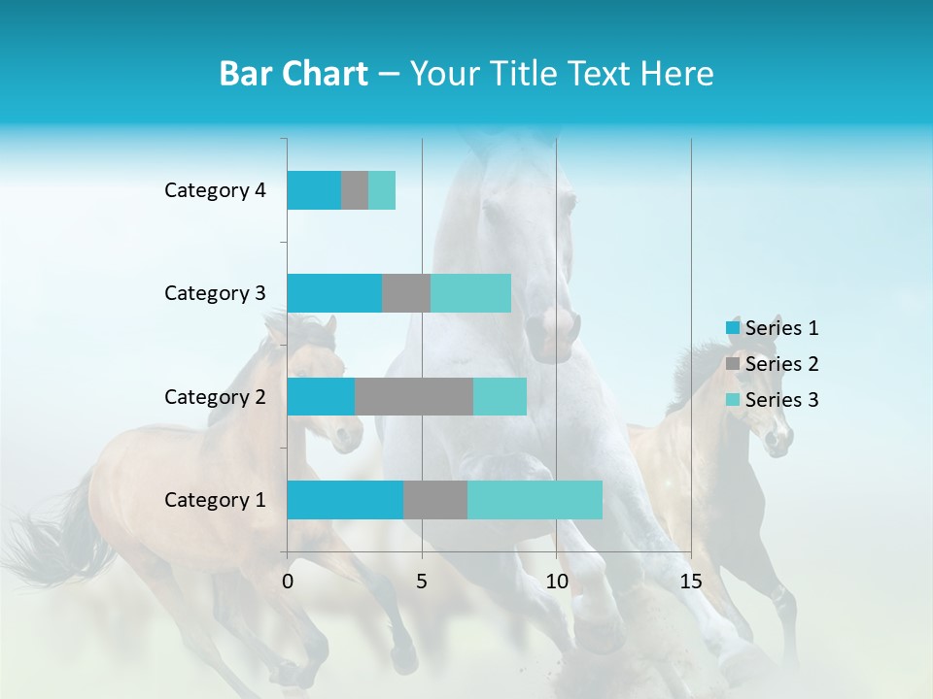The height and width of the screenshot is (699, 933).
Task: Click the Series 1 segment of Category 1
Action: [x=345, y=500]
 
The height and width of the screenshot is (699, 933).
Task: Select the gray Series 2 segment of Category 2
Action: [x=414, y=396]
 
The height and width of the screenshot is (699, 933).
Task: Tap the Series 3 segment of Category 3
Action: [x=470, y=293]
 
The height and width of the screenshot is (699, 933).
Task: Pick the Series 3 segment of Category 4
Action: [x=382, y=190]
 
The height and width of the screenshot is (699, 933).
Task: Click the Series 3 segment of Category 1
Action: [x=535, y=500]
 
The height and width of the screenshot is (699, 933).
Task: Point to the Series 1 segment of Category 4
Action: [x=314, y=190]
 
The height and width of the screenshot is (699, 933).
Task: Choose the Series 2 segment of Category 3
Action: [x=406, y=293]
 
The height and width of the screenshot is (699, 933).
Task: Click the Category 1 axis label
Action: [x=215, y=500]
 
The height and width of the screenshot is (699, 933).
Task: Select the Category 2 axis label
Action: [x=215, y=396]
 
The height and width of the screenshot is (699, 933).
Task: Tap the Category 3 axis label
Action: [x=215, y=293]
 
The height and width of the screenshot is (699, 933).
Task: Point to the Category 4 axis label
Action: [x=215, y=190]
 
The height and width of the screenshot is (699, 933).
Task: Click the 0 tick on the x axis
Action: [x=288, y=582]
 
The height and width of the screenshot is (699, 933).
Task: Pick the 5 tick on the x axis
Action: [x=422, y=582]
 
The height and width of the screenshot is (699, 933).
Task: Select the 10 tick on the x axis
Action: [x=556, y=582]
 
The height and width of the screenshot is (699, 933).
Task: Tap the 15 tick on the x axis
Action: [x=691, y=582]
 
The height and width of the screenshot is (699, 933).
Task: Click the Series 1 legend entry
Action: [x=773, y=328]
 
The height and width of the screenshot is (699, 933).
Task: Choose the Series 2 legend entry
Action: [x=773, y=364]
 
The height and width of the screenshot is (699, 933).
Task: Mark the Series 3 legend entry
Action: [x=773, y=400]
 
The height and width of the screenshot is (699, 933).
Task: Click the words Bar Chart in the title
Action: [x=294, y=74]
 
